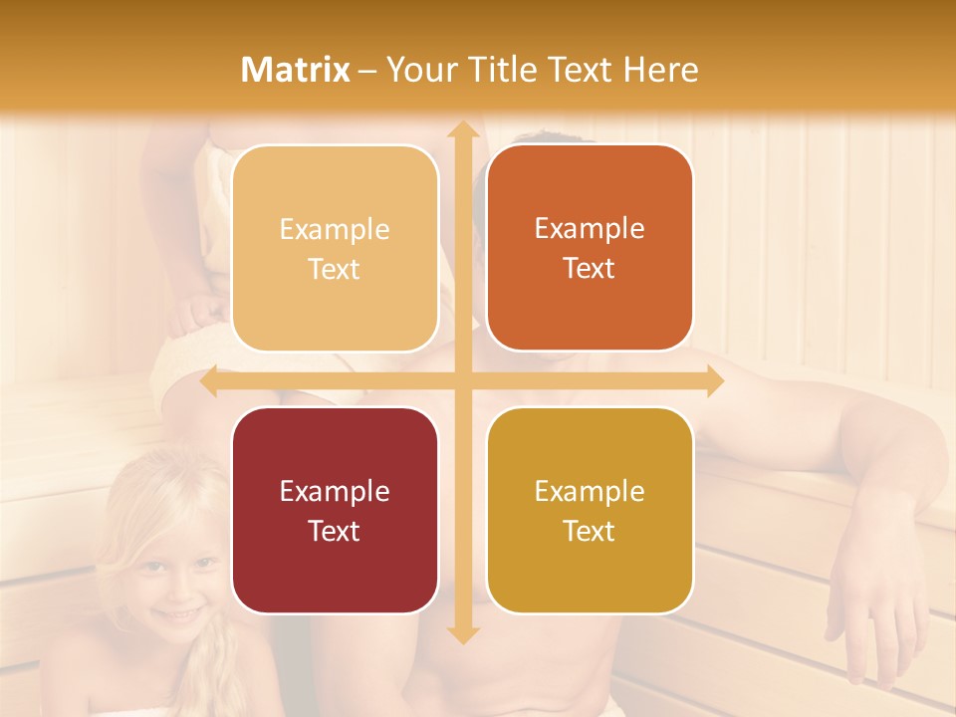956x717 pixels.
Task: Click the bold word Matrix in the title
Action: pyautogui.click(x=296, y=70)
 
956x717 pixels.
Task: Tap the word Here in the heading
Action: pyautogui.click(x=660, y=70)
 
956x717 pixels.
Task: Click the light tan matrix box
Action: pyautogui.click(x=335, y=249)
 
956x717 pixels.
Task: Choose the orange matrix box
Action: pyautogui.click(x=590, y=248)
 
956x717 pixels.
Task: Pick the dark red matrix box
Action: pyautogui.click(x=335, y=510)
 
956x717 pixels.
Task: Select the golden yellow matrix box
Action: pyautogui.click(x=590, y=510)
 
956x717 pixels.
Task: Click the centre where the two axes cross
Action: pyautogui.click(x=462, y=381)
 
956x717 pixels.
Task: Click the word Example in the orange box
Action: pyautogui.click(x=590, y=228)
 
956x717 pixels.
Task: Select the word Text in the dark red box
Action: pyautogui.click(x=335, y=531)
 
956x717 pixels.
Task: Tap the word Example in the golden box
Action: pyautogui.click(x=590, y=491)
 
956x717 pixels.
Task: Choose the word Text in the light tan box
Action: pyautogui.click(x=335, y=270)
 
